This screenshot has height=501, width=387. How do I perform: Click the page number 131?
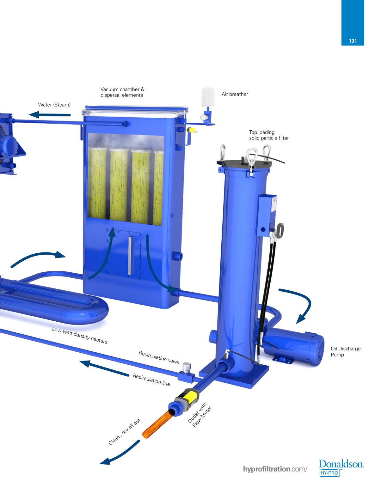353,41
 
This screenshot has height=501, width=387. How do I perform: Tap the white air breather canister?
208,97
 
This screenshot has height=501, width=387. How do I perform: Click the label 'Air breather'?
235,94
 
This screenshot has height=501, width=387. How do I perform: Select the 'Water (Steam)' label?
54,105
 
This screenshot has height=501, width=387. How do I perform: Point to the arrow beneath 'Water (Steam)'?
50,114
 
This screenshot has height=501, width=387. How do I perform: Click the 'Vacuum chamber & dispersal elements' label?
122,92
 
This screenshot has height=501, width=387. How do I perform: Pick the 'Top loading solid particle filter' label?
269,135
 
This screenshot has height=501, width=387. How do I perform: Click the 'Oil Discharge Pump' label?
345,351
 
